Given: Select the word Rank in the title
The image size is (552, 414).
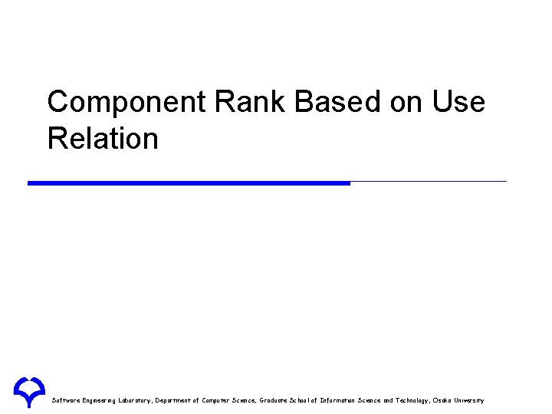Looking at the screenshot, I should [241, 102].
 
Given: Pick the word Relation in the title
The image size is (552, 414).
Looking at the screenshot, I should [103, 139].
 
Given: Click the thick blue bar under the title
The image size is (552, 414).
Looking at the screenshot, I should [189, 183].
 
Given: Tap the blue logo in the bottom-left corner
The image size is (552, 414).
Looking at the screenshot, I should [28, 391].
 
